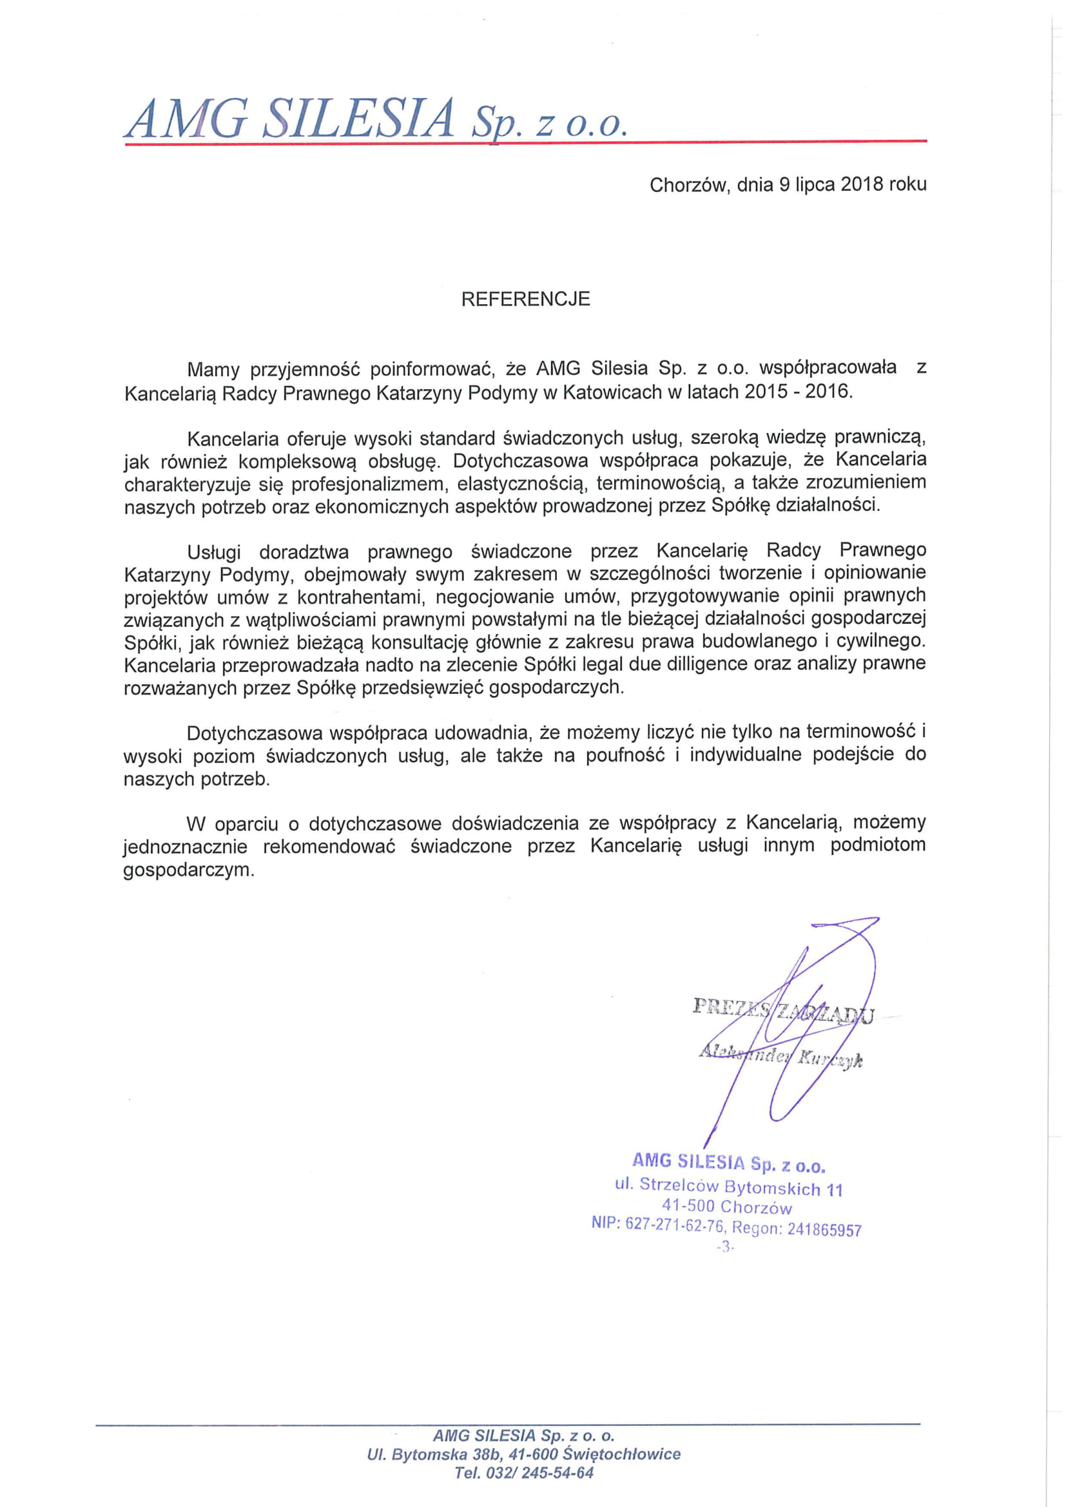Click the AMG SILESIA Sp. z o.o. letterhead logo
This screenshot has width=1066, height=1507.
click(x=376, y=119)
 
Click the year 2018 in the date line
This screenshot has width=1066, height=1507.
click(x=862, y=184)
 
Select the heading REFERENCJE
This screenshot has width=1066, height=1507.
click(x=525, y=300)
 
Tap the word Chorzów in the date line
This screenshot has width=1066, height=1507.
click(x=689, y=185)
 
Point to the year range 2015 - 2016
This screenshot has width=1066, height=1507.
click(x=797, y=392)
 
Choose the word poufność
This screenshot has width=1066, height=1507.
click(x=625, y=756)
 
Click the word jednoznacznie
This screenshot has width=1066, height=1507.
click(x=186, y=846)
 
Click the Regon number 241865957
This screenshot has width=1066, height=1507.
click(x=824, y=1229)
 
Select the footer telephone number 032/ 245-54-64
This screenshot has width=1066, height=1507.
click(x=539, y=1473)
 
